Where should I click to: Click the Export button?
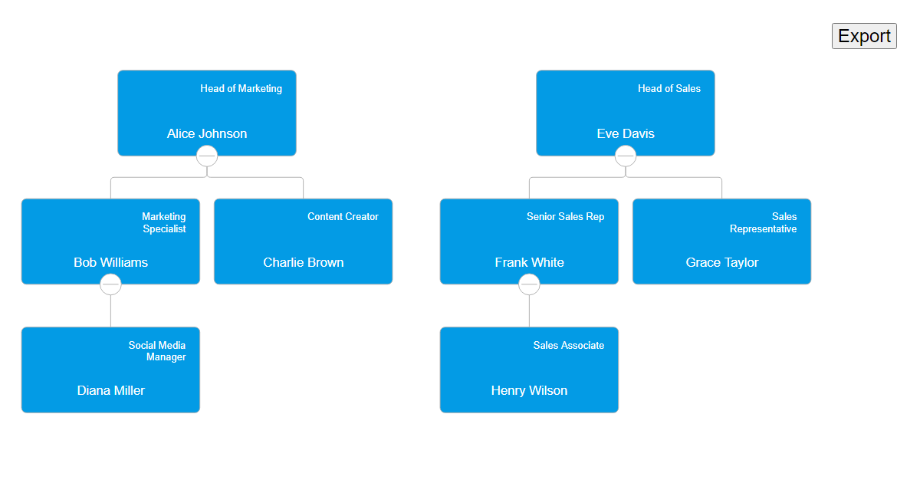[x=864, y=36]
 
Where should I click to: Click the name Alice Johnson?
[x=207, y=133]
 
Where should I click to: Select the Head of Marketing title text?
[x=241, y=88]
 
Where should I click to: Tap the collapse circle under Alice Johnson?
[x=207, y=156]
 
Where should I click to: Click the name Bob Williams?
[x=110, y=262]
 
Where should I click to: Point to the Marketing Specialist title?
[x=163, y=222]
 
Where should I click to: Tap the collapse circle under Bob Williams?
[x=110, y=284]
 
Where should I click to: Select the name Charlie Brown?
[x=303, y=262]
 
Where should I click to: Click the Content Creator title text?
[x=343, y=217]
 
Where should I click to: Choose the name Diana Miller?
[x=110, y=390]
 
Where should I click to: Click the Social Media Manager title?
[x=157, y=351]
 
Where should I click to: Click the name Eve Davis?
[x=626, y=133]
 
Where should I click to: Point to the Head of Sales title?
[x=669, y=88]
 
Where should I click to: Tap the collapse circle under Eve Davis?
[x=626, y=156]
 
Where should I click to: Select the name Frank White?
[x=529, y=262]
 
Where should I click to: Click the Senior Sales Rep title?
[x=565, y=217]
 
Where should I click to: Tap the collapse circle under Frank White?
[x=529, y=284]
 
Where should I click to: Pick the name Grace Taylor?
[x=721, y=262]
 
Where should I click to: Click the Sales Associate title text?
[x=568, y=346]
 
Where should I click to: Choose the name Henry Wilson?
[x=529, y=390]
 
